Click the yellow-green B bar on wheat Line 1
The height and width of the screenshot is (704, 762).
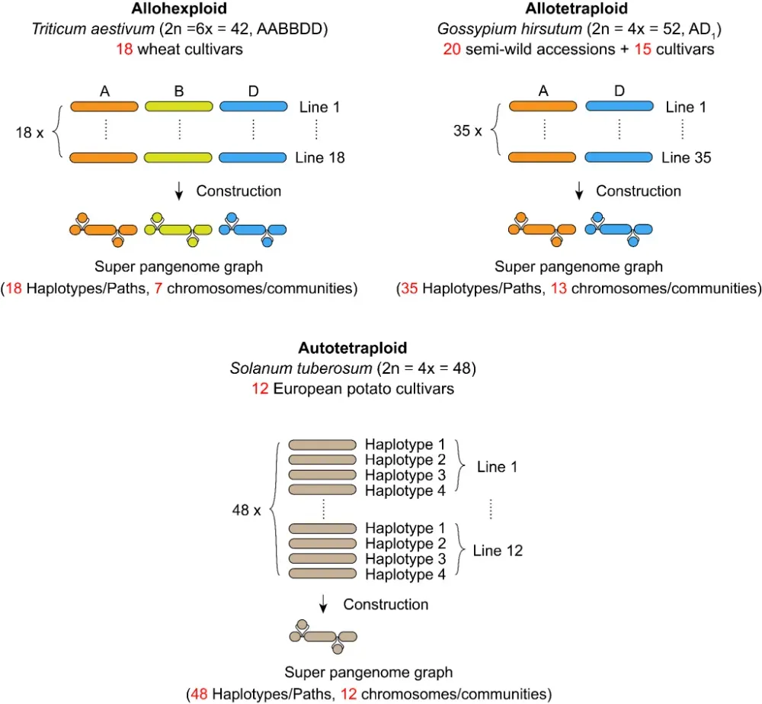click(179, 107)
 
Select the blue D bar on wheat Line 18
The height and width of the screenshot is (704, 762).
click(253, 158)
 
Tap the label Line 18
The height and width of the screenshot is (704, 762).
click(319, 158)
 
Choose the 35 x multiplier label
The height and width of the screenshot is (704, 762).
click(467, 131)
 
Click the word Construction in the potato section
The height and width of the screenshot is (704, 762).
click(386, 604)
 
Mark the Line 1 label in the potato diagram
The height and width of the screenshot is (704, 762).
click(497, 467)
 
